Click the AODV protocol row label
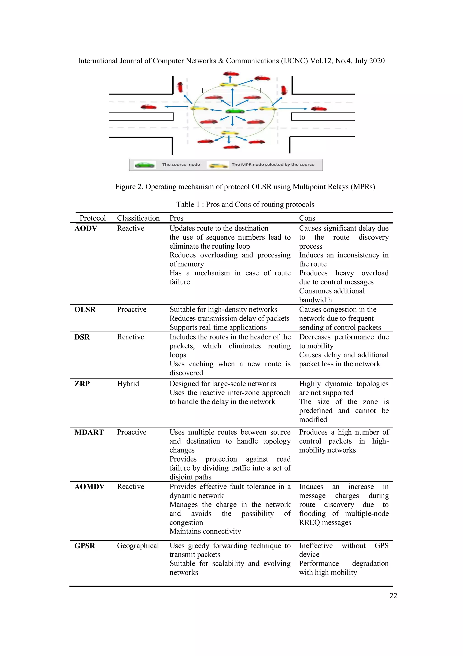tap(86, 228)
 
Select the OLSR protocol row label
tap(85, 309)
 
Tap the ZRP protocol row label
tap(82, 384)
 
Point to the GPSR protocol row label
tap(85, 546)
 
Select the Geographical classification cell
tap(138, 546)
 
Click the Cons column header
tap(307, 218)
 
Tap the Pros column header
tap(176, 218)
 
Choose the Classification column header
tap(138, 218)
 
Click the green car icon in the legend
tap(145, 165)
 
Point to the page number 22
tap(393, 596)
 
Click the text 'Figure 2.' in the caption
tap(129, 187)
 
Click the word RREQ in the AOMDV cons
tap(309, 523)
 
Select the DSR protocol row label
tap(82, 337)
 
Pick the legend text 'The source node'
tap(181, 165)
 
